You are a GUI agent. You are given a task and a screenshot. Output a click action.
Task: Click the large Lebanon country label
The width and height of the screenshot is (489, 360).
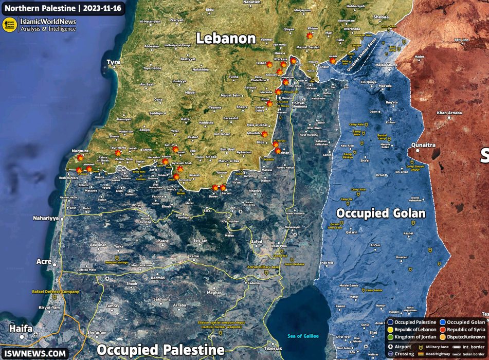(x=226, y=39)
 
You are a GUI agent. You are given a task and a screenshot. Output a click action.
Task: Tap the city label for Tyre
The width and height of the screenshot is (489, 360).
(x=113, y=62)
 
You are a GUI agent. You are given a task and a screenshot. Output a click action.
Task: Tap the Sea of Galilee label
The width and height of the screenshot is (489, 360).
(x=303, y=336)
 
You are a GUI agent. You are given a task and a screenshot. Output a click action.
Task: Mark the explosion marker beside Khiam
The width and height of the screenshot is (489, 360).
(x=309, y=36)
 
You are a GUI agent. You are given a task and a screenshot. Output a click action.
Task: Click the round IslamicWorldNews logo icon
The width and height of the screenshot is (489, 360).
(x=10, y=25)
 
